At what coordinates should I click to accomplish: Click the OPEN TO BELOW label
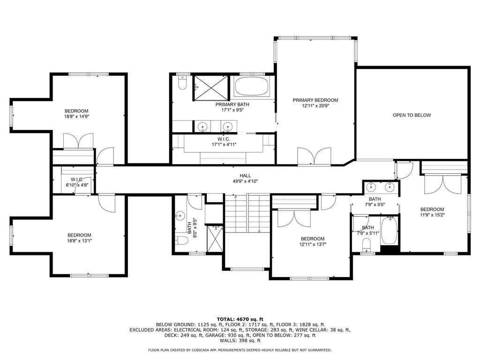[x=412, y=115]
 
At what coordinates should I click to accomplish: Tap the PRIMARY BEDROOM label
[x=315, y=100]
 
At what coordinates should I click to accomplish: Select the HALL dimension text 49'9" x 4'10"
[x=245, y=181]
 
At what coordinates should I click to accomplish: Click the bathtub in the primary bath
[x=251, y=86]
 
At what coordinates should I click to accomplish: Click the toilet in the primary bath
[x=182, y=83]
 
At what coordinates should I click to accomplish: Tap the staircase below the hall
[x=247, y=213]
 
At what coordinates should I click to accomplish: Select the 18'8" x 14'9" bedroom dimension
[x=76, y=116]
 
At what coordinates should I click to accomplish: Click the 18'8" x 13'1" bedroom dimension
[x=80, y=240]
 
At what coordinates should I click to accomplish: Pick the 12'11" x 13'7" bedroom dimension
[x=313, y=244]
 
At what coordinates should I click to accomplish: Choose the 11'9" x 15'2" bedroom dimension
[x=432, y=215]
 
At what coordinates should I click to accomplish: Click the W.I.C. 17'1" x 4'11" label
[x=224, y=142]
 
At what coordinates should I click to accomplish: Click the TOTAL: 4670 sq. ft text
[x=240, y=319]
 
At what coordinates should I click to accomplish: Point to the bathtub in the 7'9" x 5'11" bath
[x=390, y=230]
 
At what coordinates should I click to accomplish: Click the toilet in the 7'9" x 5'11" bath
[x=367, y=245]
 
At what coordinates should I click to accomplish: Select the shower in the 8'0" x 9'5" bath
[x=215, y=239]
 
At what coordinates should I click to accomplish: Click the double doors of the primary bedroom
[x=315, y=157]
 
